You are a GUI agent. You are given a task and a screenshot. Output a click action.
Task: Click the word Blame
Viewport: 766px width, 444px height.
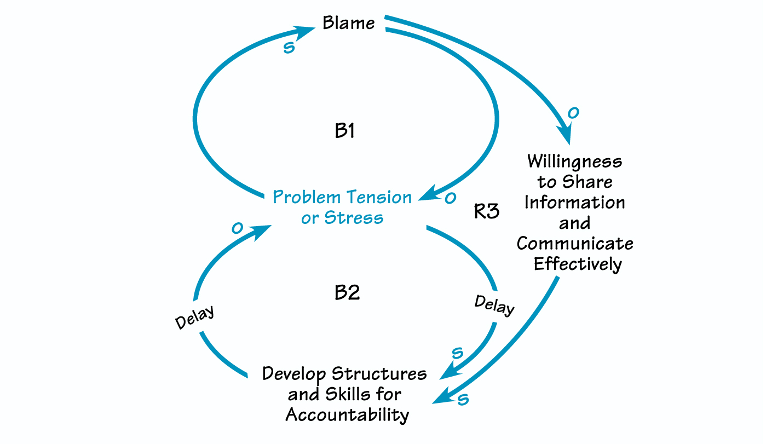coord(348,23)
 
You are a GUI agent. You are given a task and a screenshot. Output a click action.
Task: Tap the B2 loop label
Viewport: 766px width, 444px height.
coord(347,293)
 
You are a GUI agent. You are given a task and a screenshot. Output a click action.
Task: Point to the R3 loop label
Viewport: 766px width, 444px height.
coord(486,212)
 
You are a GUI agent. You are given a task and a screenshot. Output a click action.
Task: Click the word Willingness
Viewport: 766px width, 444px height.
coord(574,162)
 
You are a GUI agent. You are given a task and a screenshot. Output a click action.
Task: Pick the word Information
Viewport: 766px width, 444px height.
coord(574,203)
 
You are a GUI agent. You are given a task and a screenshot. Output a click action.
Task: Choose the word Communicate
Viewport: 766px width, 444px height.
coord(574,244)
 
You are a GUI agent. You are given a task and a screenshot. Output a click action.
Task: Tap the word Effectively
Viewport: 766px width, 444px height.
coord(578,264)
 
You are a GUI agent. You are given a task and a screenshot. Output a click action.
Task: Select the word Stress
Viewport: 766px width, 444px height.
coord(354,218)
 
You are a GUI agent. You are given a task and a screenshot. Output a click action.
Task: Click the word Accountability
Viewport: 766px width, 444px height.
coord(347,414)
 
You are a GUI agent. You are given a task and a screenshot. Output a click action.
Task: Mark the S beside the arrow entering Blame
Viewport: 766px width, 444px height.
coord(289,48)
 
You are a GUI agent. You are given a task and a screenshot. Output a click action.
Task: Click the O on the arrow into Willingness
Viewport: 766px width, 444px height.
coord(573,113)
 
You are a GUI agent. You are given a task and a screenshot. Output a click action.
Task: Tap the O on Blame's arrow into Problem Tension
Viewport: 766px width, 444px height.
coord(450,198)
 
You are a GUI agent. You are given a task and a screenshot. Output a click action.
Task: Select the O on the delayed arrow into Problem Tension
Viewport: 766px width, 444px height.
coord(237,228)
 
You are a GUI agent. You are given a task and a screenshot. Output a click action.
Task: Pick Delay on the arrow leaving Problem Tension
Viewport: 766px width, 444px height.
coord(494,305)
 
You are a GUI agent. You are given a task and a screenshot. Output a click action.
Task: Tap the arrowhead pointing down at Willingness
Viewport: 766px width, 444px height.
coord(565,135)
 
